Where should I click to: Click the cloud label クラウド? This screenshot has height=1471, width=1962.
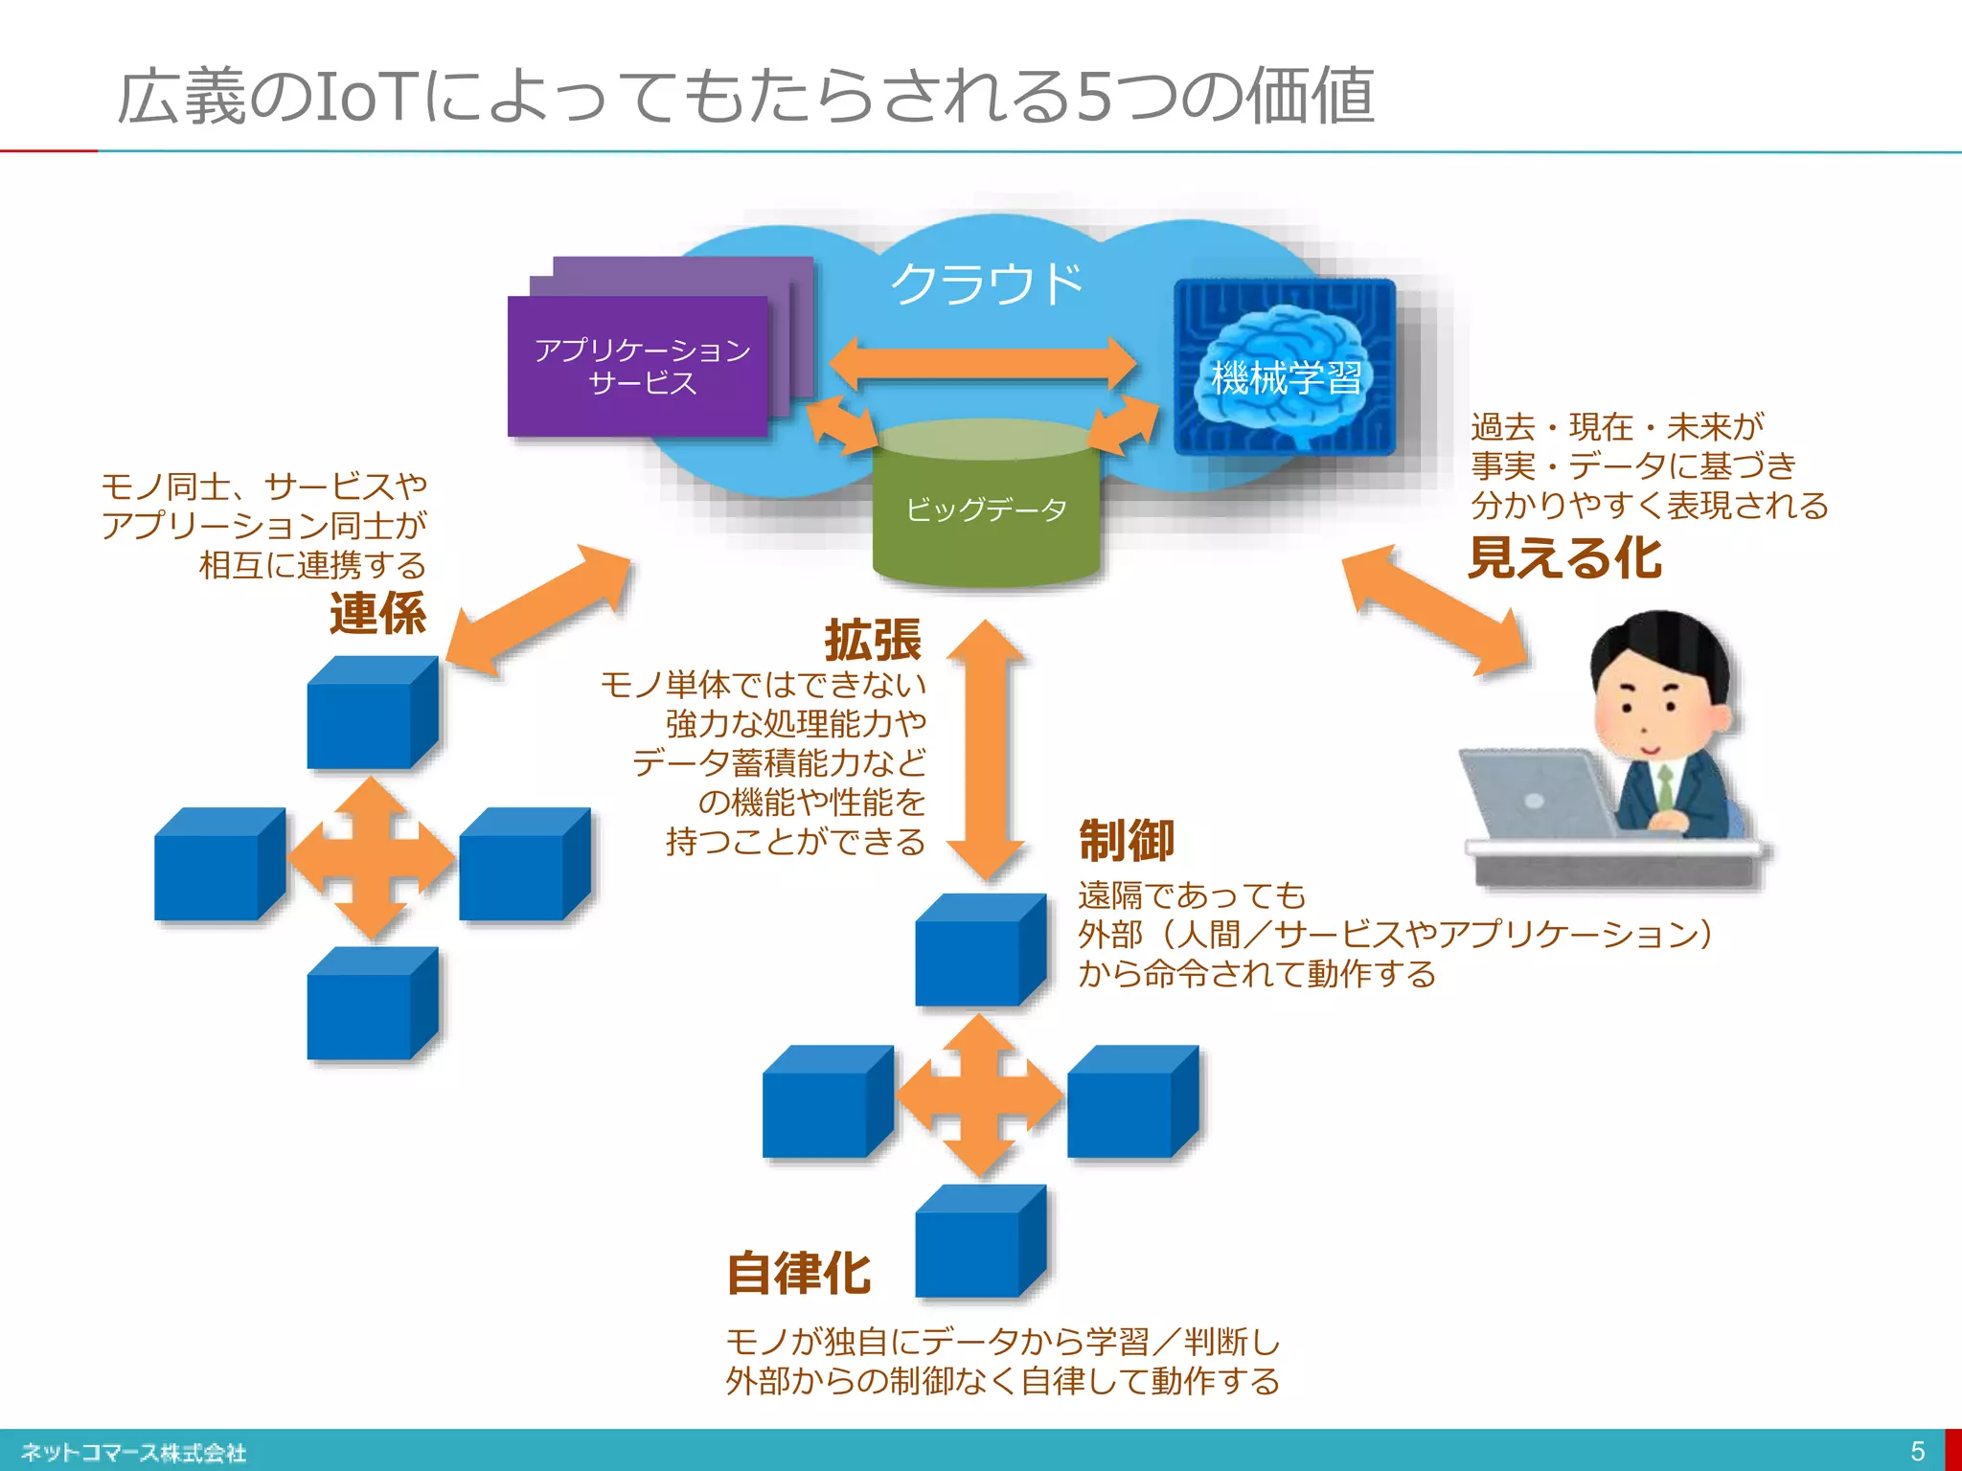[986, 284]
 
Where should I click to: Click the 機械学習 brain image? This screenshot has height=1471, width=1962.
[1284, 367]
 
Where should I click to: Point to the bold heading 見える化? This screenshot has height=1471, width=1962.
[1565, 557]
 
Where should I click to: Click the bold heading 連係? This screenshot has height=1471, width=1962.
[377, 614]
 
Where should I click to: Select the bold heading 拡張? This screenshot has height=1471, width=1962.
[873, 640]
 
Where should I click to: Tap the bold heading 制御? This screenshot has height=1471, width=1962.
[1127, 841]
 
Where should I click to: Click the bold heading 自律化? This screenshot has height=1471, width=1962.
[799, 1274]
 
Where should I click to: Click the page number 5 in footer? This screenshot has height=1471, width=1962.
[1917, 1451]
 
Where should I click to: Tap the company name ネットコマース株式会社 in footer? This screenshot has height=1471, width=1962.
[133, 1453]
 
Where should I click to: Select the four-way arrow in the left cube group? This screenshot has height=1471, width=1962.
[373, 858]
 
